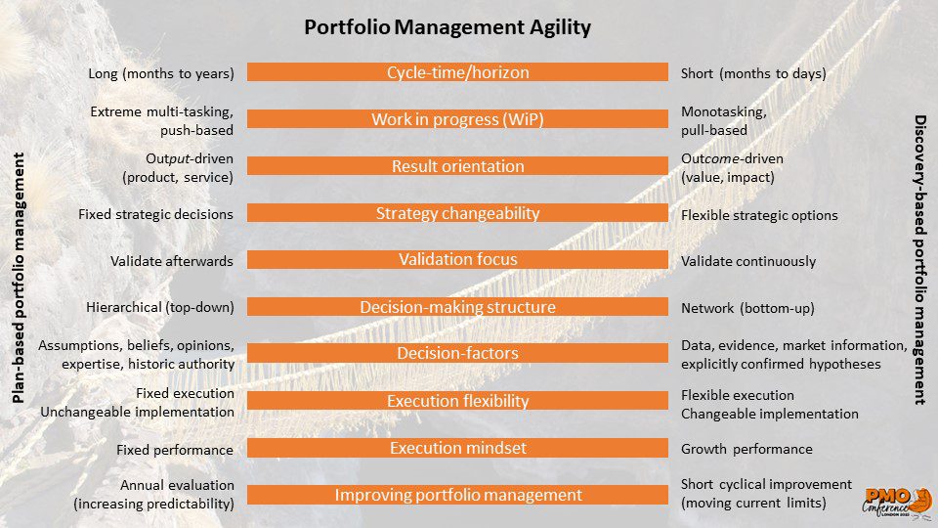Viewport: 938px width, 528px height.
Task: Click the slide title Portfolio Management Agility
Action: pos(448,27)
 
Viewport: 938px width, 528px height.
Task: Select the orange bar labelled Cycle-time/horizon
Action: pos(457,71)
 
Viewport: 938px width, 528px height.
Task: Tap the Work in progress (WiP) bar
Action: pos(457,118)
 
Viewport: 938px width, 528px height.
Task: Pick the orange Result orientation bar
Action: pos(457,166)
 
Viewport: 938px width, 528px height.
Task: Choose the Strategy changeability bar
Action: pos(457,212)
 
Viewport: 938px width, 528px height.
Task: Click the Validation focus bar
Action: pos(457,259)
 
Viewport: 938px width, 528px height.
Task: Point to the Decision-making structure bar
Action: pos(457,306)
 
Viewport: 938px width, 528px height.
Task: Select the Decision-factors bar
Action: pos(457,353)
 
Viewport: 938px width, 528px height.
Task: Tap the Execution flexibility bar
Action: pos(457,401)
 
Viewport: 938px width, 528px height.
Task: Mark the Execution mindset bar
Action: pos(457,448)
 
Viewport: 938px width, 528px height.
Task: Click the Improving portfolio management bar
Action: pos(457,495)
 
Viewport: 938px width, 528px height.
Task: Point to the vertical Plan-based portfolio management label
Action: pos(19,278)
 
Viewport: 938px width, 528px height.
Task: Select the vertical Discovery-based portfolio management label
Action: pos(920,260)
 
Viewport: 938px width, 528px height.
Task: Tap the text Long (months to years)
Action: pos(161,73)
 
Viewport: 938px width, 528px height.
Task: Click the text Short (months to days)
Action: pos(753,73)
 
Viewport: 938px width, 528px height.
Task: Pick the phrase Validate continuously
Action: pos(748,261)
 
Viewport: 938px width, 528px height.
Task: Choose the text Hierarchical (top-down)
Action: pos(159,308)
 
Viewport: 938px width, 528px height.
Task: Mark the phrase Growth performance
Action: pos(746,449)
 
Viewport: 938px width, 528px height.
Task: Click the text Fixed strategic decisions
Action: pos(155,214)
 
